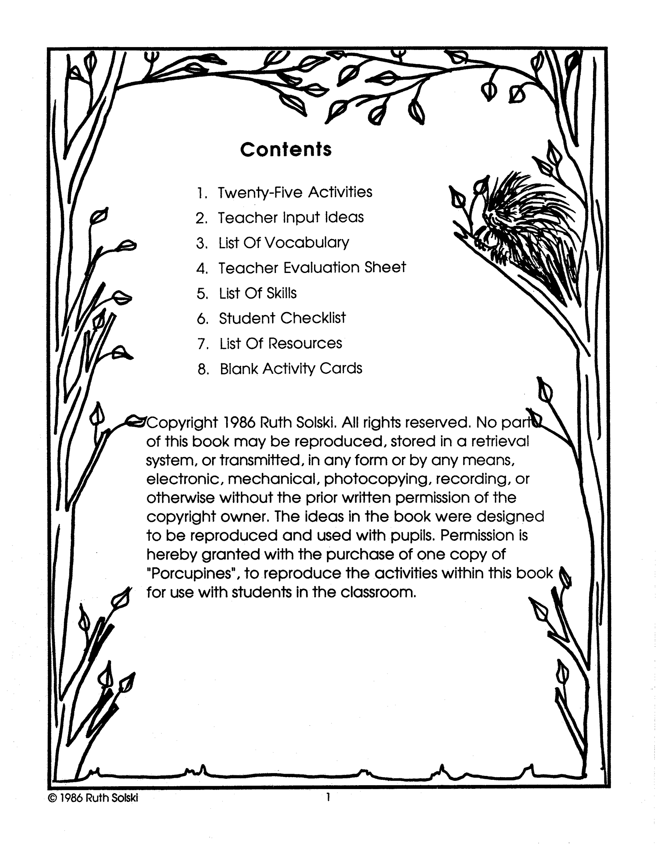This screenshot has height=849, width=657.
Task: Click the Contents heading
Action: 286,149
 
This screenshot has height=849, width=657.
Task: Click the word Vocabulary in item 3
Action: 307,243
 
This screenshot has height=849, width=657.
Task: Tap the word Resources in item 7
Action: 305,343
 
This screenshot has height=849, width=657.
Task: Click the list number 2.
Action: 201,218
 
